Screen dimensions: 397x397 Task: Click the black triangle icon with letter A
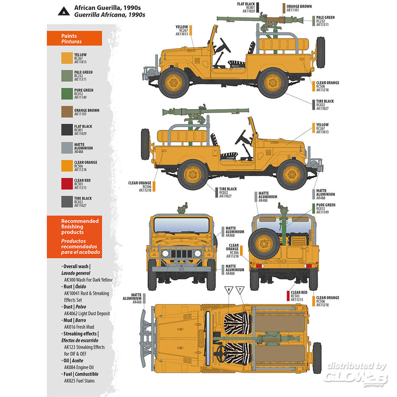64,11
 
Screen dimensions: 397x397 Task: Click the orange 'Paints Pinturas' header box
74,39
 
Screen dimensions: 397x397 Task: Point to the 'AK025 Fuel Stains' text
79,381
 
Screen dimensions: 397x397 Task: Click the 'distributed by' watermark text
355,366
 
